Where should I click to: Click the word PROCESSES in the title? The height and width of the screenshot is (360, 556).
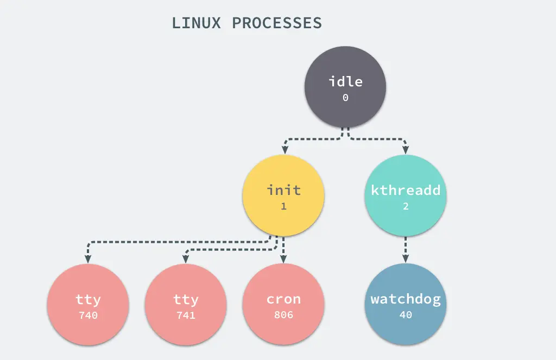[x=277, y=23]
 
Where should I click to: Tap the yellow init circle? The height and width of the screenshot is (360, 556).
[x=283, y=195]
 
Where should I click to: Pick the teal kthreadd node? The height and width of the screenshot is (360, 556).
[x=406, y=195]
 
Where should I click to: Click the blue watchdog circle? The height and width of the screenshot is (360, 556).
[x=406, y=304]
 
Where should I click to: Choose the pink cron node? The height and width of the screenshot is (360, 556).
[x=283, y=304]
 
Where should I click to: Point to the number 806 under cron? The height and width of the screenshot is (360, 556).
[x=283, y=315]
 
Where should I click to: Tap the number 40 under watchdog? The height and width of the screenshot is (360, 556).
[x=406, y=314]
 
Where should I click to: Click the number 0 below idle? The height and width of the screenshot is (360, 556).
[x=345, y=98]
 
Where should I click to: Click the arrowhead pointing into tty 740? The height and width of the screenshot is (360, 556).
[x=88, y=258]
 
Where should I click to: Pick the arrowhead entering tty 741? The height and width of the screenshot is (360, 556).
[x=186, y=258]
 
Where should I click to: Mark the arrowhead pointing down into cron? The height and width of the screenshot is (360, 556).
[x=283, y=258]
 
